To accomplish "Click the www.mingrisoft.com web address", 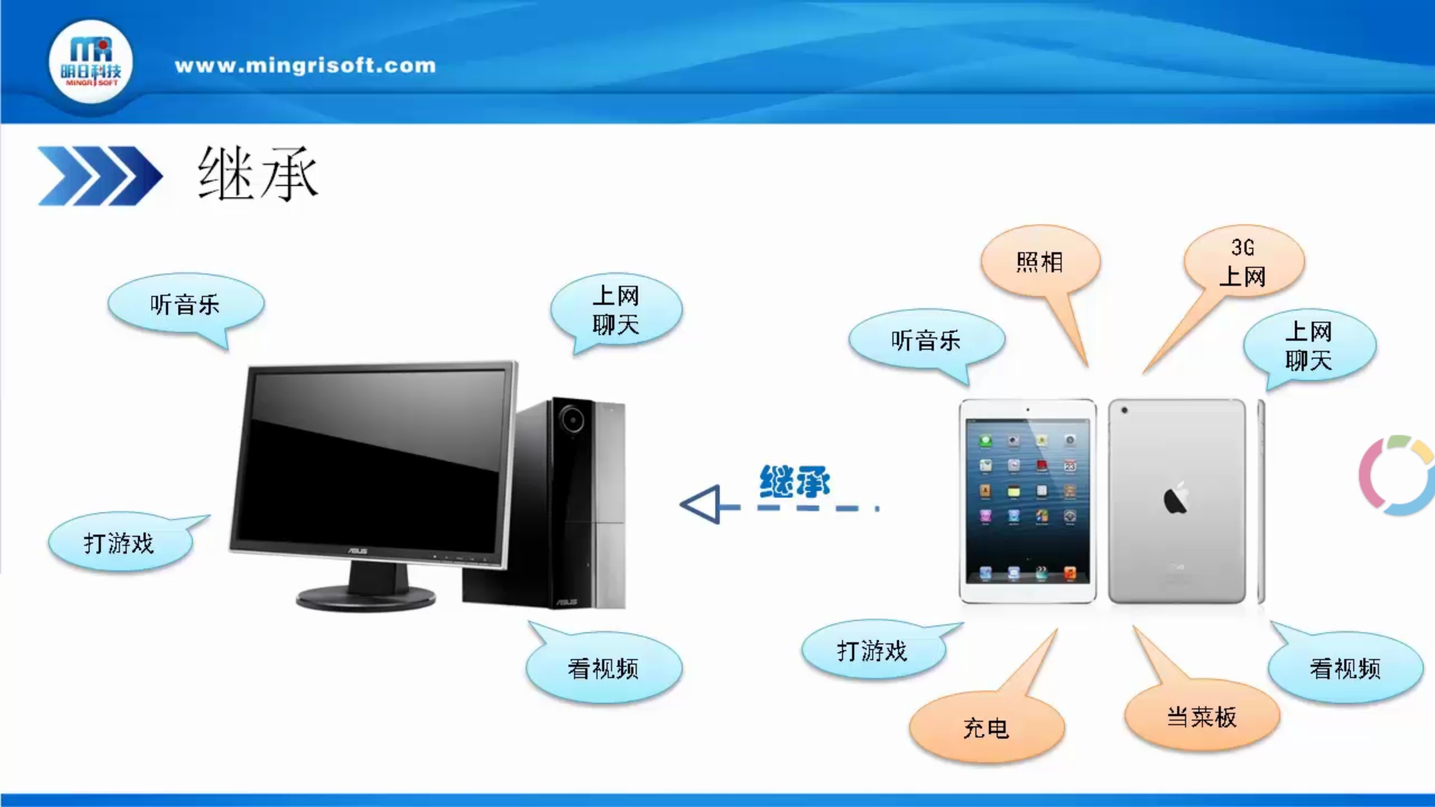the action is pos(305,66).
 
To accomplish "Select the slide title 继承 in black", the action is pos(258,174).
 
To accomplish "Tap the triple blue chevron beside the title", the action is pos(100,176).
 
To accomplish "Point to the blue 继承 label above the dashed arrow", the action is pos(794,482).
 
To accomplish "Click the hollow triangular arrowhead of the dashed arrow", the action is pos(701,504).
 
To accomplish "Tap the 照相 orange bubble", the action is pos(1040,262).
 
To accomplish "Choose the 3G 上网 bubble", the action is pos(1243,262).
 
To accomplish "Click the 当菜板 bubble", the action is pos(1202,716).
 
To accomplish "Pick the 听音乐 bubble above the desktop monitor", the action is pos(185,304).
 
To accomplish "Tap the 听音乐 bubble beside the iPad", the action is pos(926,340).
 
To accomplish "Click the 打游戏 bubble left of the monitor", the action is pos(120,542).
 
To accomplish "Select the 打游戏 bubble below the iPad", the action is pos(872,650).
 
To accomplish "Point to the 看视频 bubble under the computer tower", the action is pos(603,667).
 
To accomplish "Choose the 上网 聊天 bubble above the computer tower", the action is pos(616,310).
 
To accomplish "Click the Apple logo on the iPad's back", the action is pos(1176,498).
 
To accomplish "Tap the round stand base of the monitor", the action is pos(365,596).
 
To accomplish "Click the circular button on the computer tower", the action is pos(573,418).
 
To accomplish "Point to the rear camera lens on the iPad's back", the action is pos(1124,410).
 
